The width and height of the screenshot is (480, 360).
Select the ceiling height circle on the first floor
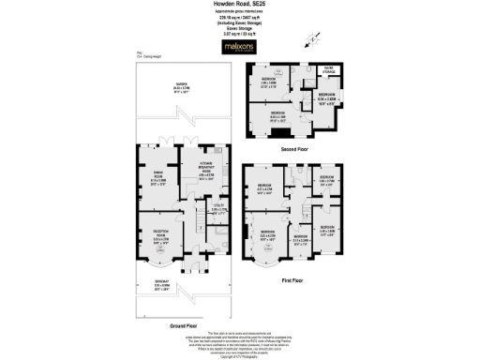click(x=268, y=247)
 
